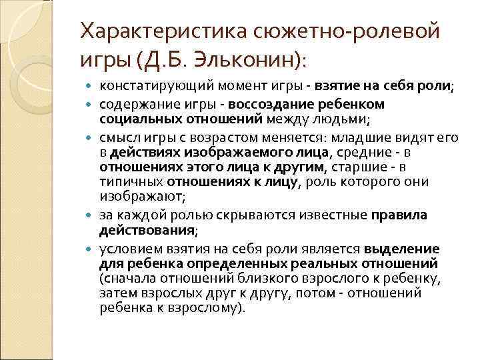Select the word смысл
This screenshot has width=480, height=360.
tap(117, 137)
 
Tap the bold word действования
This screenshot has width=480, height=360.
tap(147, 229)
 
